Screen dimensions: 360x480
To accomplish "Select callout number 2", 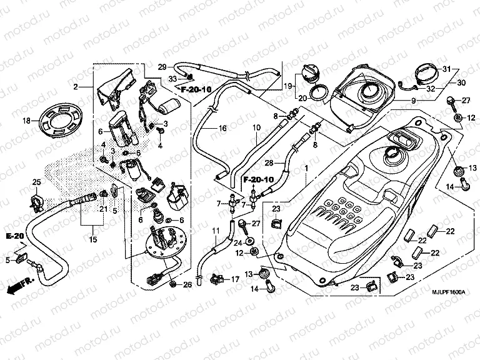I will point(75,86).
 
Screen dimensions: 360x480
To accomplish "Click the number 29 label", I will point(161,67).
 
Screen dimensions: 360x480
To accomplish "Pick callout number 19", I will point(289,86).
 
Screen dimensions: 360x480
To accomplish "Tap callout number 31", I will point(446,68).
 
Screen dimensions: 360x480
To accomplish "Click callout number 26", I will point(187,286).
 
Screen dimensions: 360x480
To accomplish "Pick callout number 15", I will point(94,239).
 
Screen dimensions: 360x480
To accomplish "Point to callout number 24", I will point(237,242).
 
